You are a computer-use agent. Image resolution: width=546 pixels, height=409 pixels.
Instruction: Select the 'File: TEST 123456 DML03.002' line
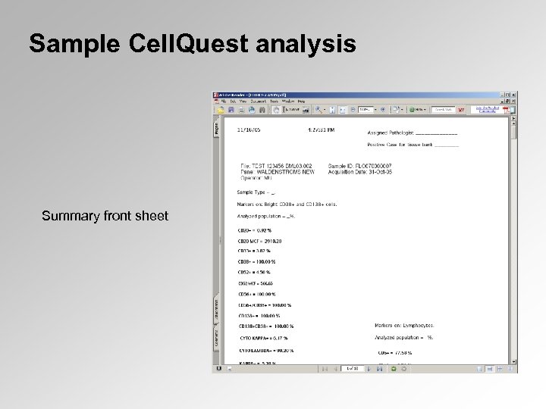coord(276,164)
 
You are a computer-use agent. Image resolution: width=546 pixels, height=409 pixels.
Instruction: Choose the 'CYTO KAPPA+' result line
coord(263,338)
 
